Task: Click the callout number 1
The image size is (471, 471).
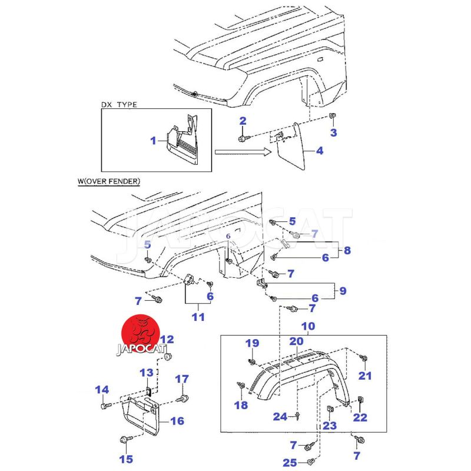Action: click(x=154, y=141)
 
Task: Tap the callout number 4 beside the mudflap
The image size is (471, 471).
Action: click(x=319, y=151)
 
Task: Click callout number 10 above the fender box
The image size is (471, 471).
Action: click(x=308, y=326)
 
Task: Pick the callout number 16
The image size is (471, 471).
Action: click(x=177, y=421)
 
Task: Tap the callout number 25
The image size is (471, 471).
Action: click(x=289, y=463)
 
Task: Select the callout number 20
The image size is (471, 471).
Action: click(x=296, y=341)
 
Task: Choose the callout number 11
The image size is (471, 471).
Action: click(x=198, y=317)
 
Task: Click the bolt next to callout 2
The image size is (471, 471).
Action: click(x=243, y=138)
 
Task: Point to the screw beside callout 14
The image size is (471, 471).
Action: click(x=104, y=406)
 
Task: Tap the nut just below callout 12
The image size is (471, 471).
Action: click(x=167, y=357)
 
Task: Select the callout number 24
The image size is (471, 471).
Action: click(x=280, y=417)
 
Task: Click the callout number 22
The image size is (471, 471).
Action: click(x=360, y=417)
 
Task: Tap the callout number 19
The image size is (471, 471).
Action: click(x=252, y=343)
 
